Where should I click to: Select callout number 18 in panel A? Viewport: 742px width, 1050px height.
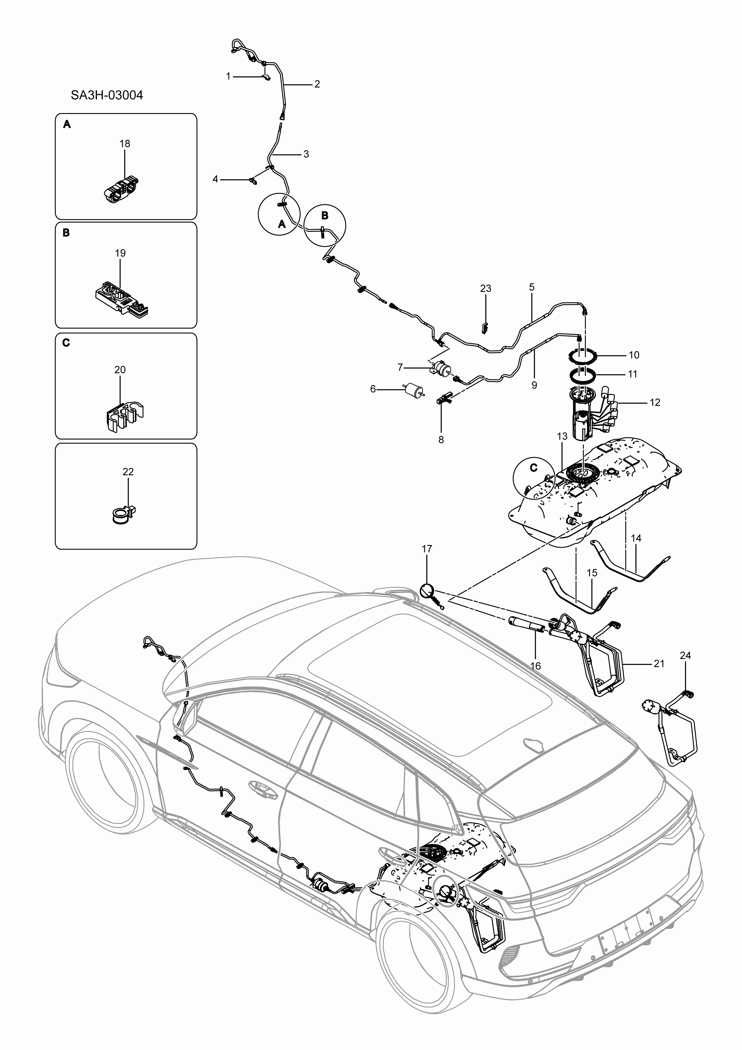[x=124, y=144]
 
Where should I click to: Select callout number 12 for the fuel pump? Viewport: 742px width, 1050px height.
[x=655, y=402]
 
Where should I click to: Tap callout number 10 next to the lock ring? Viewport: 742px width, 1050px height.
[x=634, y=355]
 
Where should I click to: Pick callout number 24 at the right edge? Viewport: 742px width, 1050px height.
[x=685, y=655]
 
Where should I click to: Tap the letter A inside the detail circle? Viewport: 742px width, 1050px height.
[x=282, y=224]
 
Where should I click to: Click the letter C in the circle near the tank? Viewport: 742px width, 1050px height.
[x=533, y=468]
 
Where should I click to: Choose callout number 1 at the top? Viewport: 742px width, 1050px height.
[x=228, y=76]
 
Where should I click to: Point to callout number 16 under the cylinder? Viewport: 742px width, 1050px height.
[x=535, y=666]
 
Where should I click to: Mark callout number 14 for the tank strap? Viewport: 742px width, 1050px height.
[x=636, y=538]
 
